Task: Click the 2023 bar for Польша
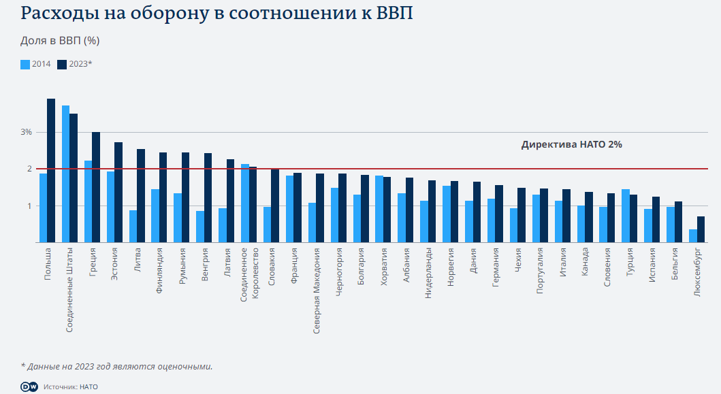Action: click(51, 170)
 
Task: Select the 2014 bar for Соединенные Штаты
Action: click(65, 174)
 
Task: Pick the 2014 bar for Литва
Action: click(133, 227)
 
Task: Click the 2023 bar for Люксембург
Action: click(701, 229)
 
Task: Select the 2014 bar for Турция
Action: click(625, 216)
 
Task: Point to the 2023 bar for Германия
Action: click(499, 214)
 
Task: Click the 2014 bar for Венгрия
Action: click(200, 227)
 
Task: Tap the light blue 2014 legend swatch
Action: click(25, 64)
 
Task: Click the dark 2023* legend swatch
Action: click(62, 64)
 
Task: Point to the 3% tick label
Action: click(26, 132)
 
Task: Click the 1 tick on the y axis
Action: click(29, 206)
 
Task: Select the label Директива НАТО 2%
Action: click(571, 144)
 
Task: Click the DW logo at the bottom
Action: click(29, 386)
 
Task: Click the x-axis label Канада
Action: click(585, 262)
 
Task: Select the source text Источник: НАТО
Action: click(71, 387)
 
